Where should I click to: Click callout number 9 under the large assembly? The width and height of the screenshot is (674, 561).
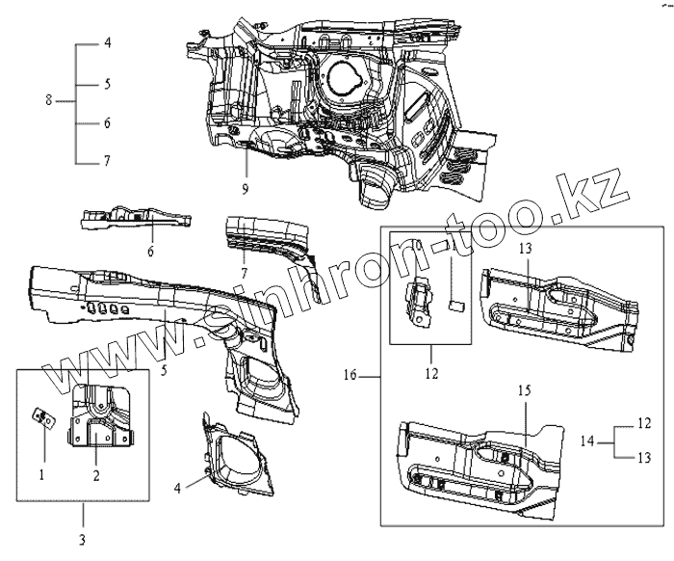[246, 189]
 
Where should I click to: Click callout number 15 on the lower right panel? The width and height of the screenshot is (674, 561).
[526, 390]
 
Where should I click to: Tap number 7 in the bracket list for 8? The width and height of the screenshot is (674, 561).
[108, 161]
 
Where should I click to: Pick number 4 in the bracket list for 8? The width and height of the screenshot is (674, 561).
[108, 44]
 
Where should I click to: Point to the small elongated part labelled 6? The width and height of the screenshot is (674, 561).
[135, 220]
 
